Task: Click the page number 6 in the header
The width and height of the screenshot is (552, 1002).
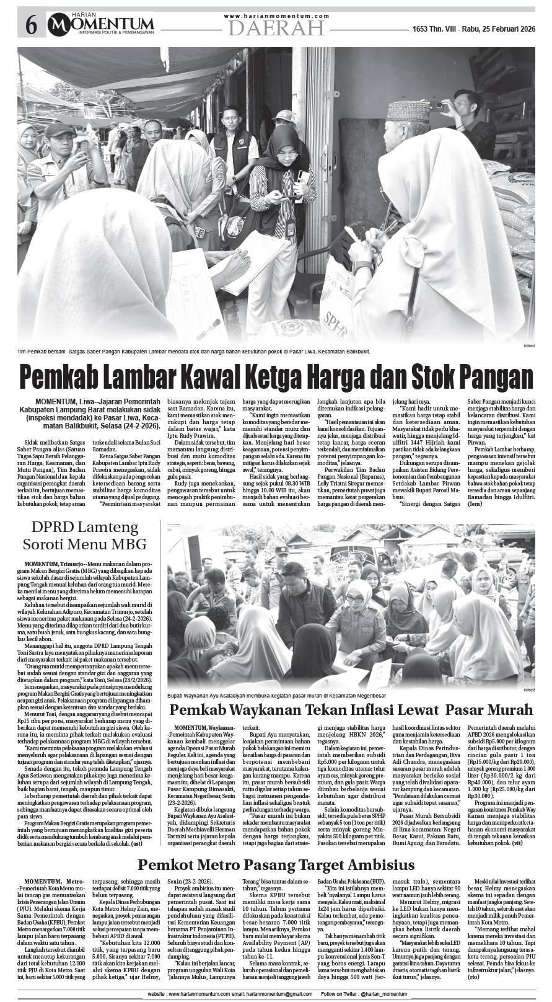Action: click(31, 25)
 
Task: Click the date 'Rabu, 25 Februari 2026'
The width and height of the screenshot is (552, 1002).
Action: click(491, 29)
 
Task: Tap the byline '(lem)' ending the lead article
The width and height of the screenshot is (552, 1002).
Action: click(475, 503)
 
